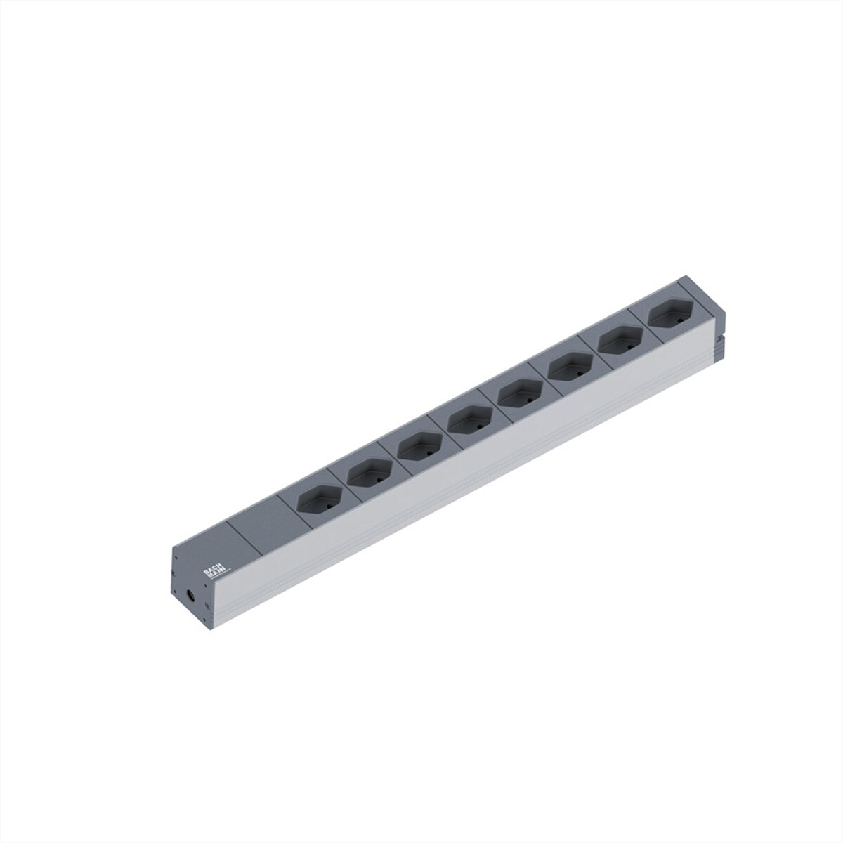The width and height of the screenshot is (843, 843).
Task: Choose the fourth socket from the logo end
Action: point(466,421)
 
